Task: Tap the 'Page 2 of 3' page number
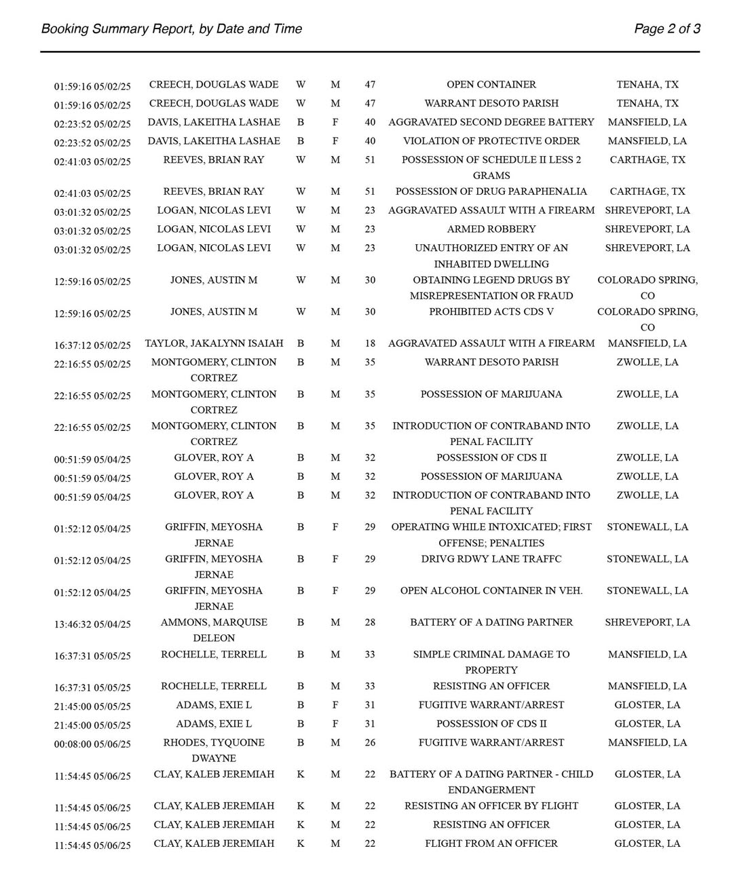point(666,28)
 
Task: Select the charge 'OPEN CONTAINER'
point(491,85)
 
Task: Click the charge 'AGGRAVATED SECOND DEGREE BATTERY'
point(491,122)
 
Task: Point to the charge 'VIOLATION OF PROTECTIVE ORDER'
point(491,141)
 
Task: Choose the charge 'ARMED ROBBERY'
point(491,229)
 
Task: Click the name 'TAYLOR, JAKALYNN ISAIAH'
point(214,343)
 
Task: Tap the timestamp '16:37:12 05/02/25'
point(92,345)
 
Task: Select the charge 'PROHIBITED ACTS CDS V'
point(491,312)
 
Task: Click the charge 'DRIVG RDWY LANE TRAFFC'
point(491,559)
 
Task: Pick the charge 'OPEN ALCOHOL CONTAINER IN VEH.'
point(491,591)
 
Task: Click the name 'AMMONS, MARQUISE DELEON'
point(214,630)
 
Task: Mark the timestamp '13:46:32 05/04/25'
point(92,624)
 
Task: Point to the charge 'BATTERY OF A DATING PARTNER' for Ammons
point(491,622)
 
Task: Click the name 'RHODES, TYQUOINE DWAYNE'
point(214,750)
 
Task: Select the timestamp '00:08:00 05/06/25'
point(92,744)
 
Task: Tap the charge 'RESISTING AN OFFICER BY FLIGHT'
point(491,806)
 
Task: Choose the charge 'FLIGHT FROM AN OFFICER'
point(491,843)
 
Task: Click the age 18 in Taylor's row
point(370,343)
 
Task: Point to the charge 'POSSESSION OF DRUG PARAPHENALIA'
point(491,192)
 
